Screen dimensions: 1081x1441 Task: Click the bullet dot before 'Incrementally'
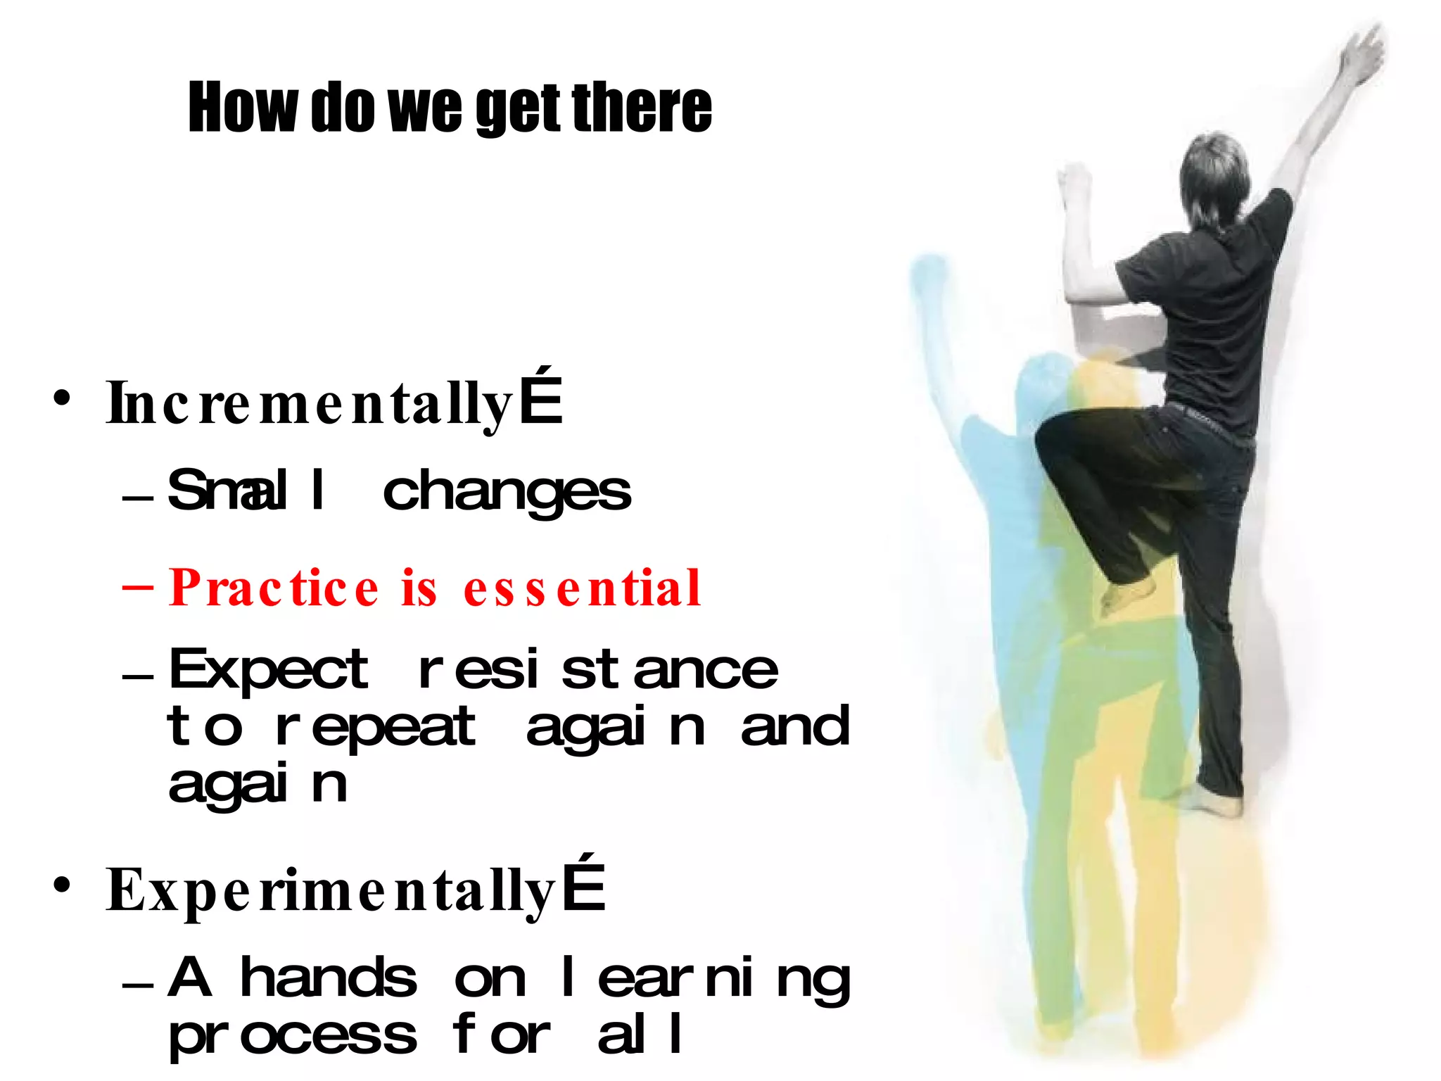[62, 398]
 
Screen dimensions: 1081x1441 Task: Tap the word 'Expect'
[269, 670]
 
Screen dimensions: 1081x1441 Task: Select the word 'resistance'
[598, 670]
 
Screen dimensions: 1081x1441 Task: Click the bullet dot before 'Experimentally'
[62, 885]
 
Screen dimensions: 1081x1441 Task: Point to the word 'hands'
[329, 978]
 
